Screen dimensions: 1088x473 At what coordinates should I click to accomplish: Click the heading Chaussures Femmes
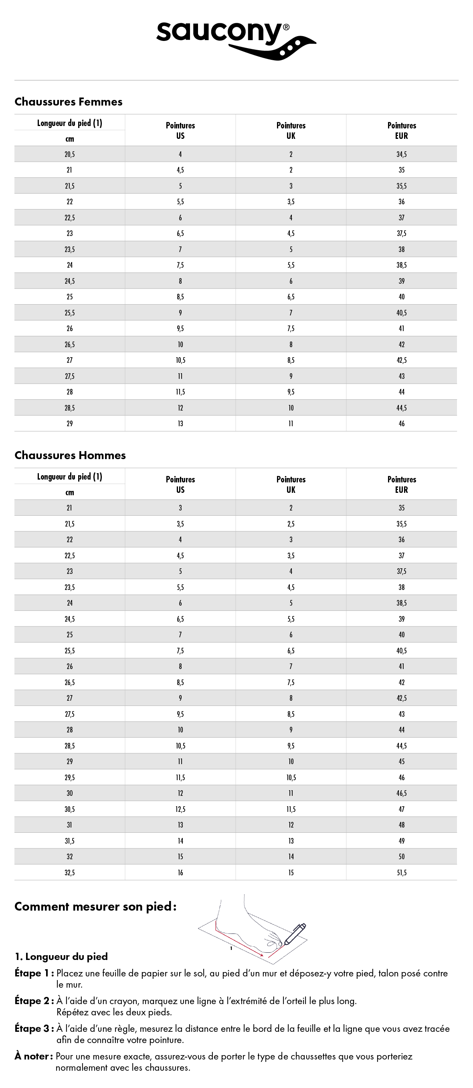pyautogui.click(x=69, y=102)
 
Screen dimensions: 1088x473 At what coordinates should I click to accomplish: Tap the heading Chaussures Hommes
pyautogui.click(x=70, y=455)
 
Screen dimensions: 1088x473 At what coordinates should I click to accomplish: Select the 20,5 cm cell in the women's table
pyautogui.click(x=70, y=154)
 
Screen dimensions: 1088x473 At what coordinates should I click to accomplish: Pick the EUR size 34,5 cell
pyautogui.click(x=401, y=154)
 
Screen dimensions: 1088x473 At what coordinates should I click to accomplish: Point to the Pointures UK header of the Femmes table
pyautogui.click(x=291, y=130)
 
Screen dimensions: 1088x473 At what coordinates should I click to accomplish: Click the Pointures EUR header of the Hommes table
pyautogui.click(x=401, y=484)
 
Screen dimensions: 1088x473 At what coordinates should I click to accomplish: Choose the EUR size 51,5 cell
pyautogui.click(x=401, y=872)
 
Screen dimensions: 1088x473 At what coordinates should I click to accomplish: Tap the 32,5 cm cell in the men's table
pyautogui.click(x=70, y=872)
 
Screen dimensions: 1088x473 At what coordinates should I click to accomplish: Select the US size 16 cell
pyautogui.click(x=180, y=872)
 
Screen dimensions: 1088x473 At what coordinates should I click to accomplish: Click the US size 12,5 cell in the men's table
pyautogui.click(x=180, y=809)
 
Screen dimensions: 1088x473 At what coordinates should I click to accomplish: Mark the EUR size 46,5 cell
pyautogui.click(x=401, y=793)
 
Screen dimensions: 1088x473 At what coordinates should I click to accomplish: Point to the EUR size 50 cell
pyautogui.click(x=401, y=856)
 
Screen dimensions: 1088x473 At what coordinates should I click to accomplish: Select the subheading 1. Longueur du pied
pyautogui.click(x=61, y=957)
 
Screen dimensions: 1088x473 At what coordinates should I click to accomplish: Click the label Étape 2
pyautogui.click(x=34, y=1001)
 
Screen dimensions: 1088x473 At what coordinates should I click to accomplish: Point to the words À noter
pyautogui.click(x=33, y=1056)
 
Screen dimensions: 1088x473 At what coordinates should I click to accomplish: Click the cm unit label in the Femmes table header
pyautogui.click(x=70, y=138)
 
